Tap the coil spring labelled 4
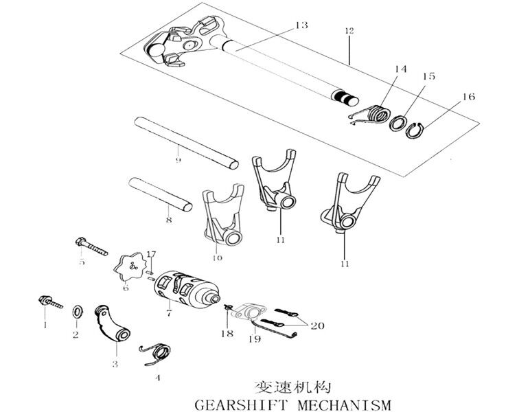[x=157, y=354]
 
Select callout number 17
[x=151, y=255]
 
